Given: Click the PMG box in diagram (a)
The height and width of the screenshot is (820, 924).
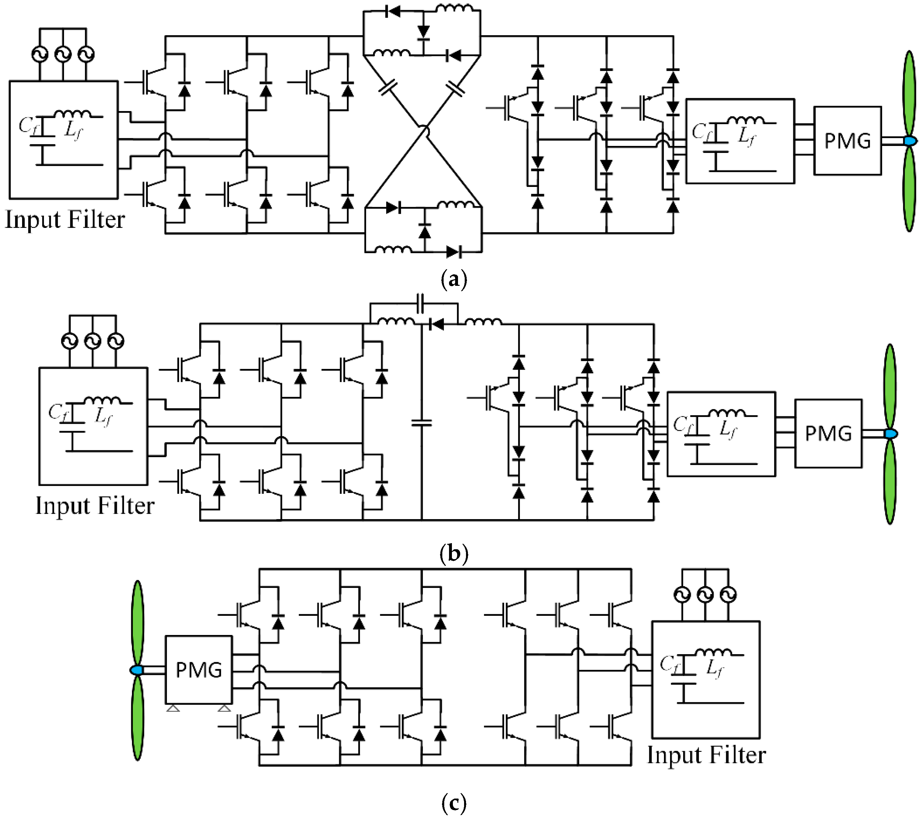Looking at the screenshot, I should coord(847,141).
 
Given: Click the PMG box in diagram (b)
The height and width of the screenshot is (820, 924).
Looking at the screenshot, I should coord(828,433).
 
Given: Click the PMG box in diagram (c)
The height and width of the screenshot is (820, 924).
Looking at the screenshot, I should coord(199,670).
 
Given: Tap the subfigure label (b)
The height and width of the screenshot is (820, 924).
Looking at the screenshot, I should coord(454,553).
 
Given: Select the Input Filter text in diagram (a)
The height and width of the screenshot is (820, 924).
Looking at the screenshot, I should coord(65,220).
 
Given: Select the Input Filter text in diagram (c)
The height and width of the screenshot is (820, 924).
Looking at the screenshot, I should coord(706,755).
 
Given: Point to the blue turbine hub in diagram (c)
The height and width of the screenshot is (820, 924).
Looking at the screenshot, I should coord(137,670).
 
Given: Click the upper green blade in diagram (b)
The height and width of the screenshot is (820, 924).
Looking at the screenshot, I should coord(890,386).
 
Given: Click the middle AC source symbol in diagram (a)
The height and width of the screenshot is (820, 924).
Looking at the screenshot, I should coord(63,55).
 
